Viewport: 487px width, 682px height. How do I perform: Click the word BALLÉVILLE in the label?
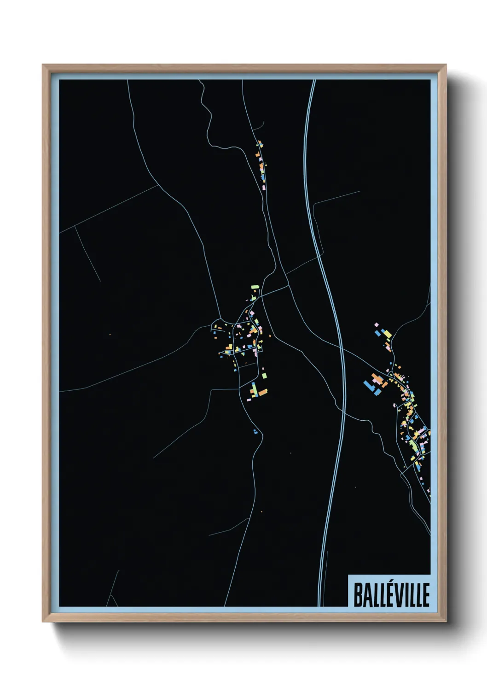pyautogui.click(x=391, y=594)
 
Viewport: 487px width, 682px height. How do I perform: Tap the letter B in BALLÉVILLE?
pyautogui.click(x=357, y=594)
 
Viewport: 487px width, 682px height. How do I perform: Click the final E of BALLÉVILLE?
pyautogui.click(x=426, y=594)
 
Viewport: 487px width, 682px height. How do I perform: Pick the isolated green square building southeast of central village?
pyautogui.click(x=264, y=376)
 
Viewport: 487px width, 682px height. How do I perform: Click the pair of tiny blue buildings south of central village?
pyautogui.click(x=255, y=431)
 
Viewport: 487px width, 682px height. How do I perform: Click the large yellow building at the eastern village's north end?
pyautogui.click(x=387, y=333)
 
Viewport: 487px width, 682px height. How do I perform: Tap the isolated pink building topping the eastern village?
pyautogui.click(x=376, y=325)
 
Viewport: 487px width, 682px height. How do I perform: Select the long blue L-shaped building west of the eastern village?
pyautogui.click(x=371, y=386)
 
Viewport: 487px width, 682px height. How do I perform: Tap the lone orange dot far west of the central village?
pyautogui.click(x=110, y=334)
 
